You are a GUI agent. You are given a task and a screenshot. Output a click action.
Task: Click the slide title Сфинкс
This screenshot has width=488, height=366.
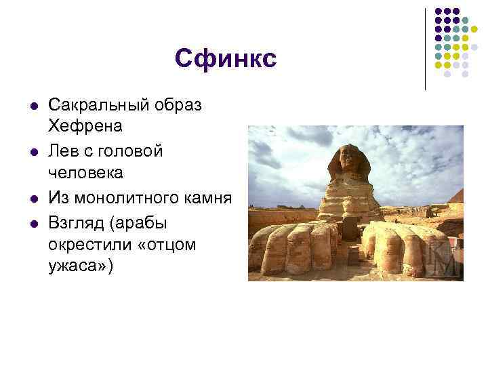(x=226, y=58)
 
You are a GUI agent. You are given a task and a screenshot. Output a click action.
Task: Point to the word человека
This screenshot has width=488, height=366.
(x=85, y=172)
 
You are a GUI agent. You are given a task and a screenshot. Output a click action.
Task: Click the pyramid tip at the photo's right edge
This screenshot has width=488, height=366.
(x=460, y=193)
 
